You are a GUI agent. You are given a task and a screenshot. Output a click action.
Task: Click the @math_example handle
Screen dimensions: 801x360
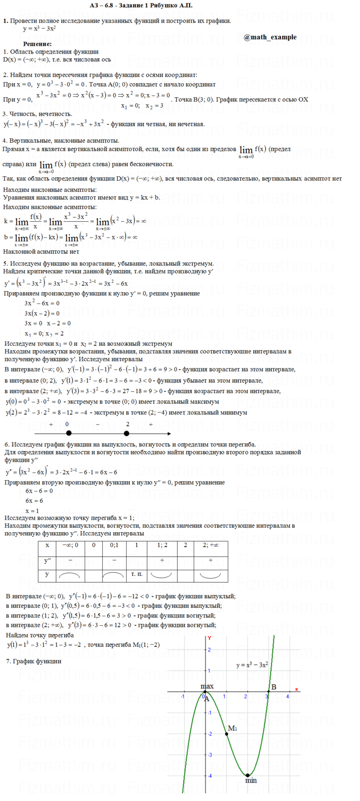(270, 37)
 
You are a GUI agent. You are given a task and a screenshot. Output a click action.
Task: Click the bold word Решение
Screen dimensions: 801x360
(37, 44)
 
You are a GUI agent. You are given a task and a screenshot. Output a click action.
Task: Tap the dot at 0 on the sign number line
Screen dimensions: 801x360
(69, 434)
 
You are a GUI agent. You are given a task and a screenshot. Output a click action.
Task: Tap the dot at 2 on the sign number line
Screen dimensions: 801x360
(127, 434)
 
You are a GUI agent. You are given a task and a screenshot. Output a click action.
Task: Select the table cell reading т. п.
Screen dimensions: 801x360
(136, 574)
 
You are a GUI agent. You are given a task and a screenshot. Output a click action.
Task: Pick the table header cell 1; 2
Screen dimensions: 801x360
(162, 545)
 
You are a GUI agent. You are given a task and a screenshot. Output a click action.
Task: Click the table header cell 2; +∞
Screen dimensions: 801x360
(210, 545)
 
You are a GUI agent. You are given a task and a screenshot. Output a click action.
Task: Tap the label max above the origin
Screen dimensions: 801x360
(207, 686)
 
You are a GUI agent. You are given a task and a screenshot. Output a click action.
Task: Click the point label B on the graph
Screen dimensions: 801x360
(274, 687)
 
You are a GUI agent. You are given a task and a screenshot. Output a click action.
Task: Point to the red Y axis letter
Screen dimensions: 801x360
(210, 638)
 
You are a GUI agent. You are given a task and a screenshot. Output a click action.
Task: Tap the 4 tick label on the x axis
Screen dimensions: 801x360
(287, 696)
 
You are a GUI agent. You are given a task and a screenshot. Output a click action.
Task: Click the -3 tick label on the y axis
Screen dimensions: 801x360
(209, 754)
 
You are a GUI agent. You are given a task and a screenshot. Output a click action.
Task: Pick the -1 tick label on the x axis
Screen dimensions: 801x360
(183, 696)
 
